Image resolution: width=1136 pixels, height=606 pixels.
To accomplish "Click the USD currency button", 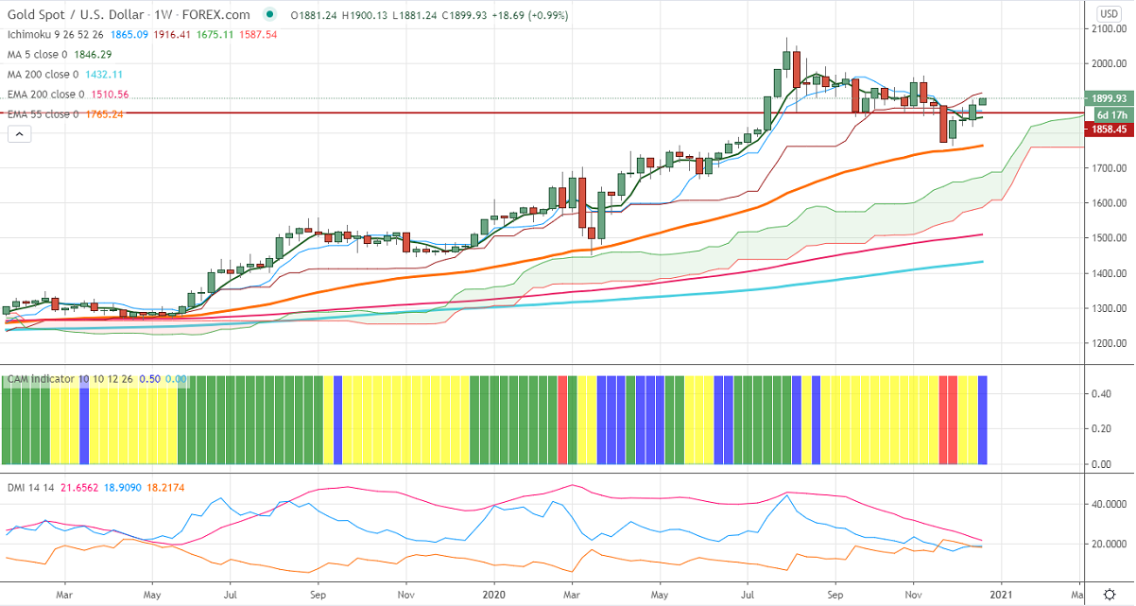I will coord(1109,13).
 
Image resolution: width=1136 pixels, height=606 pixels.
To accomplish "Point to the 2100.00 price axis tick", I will coord(1109,29).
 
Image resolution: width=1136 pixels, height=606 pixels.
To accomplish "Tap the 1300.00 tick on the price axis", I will coord(1109,308).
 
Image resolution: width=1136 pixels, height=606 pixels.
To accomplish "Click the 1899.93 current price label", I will coord(1109,98).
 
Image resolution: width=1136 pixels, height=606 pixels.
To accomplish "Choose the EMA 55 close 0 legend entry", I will coord(44,113).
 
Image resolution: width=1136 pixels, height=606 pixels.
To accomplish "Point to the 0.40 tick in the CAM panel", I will coord(1099,393).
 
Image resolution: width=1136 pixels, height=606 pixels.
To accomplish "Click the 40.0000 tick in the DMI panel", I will coord(1106,504).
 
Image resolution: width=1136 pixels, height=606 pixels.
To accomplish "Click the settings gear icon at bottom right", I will coord(1109,595).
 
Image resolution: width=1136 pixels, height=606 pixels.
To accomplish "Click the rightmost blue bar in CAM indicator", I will coord(983,420).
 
